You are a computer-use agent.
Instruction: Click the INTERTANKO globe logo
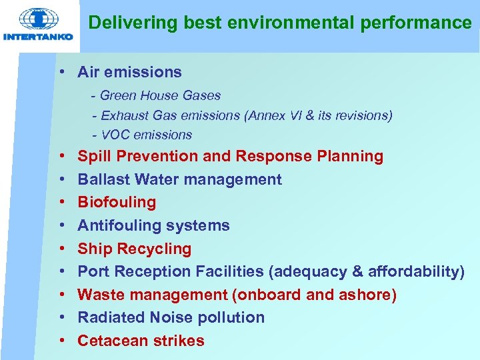pyautogui.click(x=37, y=18)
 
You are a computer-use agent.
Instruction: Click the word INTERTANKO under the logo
pyautogui.click(x=38, y=37)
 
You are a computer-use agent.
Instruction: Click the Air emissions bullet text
pyautogui.click(x=129, y=72)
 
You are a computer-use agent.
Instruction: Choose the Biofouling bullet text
pyautogui.click(x=117, y=202)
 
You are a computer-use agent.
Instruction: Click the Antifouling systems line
pyautogui.click(x=153, y=225)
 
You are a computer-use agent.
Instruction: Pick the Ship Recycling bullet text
pyautogui.click(x=134, y=249)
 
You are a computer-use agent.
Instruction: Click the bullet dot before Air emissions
pyautogui.click(x=61, y=72)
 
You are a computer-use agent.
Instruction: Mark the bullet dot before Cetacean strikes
pyautogui.click(x=61, y=341)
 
